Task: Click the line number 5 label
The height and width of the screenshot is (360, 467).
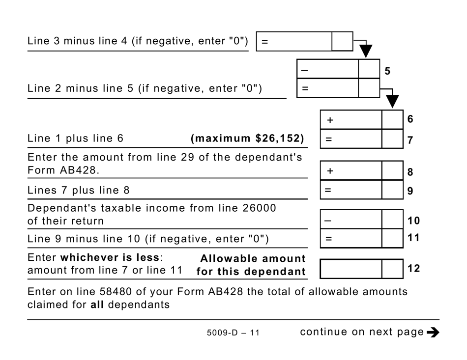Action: (x=387, y=71)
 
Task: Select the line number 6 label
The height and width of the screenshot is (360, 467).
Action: (x=410, y=119)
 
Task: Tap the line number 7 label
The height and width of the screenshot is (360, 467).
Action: (x=410, y=140)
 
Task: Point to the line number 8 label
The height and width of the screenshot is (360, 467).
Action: (x=410, y=172)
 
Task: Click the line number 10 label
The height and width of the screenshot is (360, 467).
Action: (x=413, y=221)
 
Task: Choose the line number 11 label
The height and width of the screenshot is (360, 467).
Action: (x=413, y=239)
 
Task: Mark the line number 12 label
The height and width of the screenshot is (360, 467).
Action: (x=413, y=269)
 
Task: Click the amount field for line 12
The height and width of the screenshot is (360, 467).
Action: (x=351, y=269)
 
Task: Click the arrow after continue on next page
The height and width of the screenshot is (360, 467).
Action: (x=433, y=332)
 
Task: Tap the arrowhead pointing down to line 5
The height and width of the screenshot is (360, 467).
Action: (x=366, y=51)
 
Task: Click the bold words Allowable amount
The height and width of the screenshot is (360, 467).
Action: (x=253, y=258)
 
